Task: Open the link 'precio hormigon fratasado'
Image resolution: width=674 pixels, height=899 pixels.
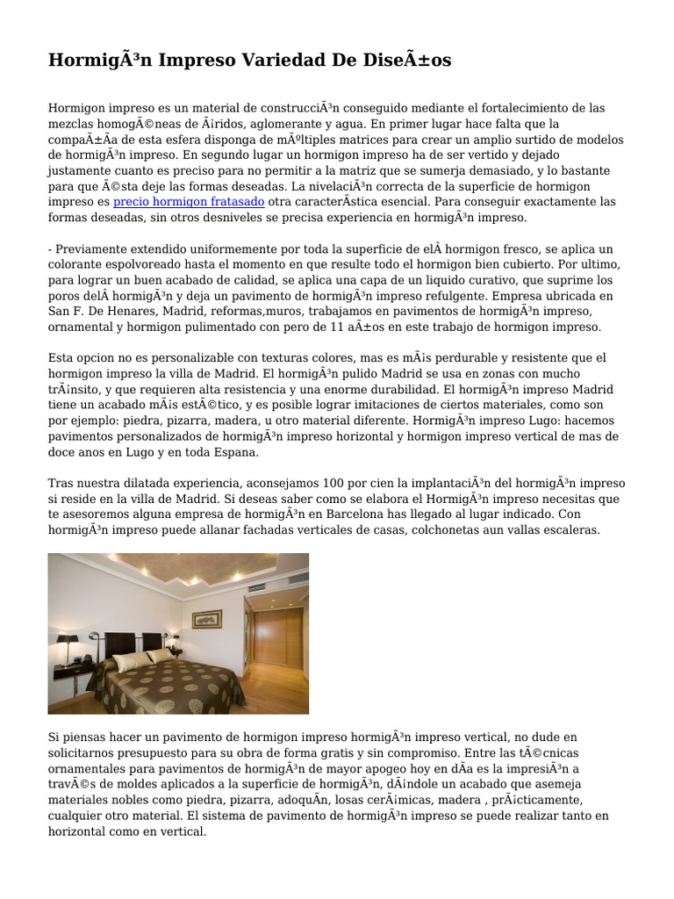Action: pyautogui.click(x=190, y=202)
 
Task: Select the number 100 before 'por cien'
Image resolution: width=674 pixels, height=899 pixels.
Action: pyautogui.click(x=333, y=484)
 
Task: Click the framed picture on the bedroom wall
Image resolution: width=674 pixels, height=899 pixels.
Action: pyautogui.click(x=207, y=619)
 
